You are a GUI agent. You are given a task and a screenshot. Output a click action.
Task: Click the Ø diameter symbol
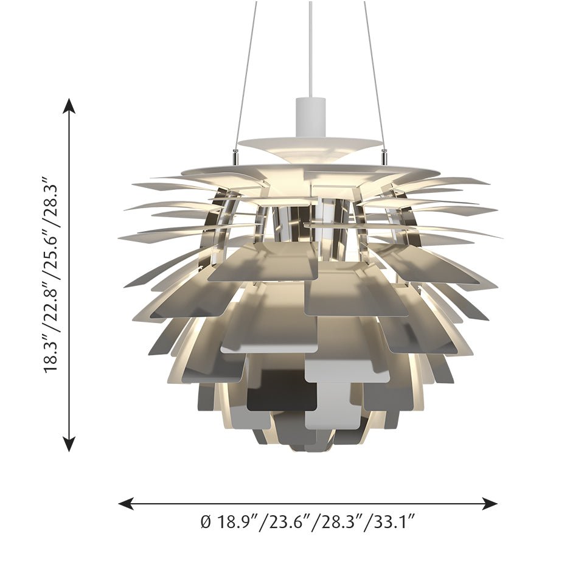click(x=205, y=521)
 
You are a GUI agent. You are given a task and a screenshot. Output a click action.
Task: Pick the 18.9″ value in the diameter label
click(x=235, y=521)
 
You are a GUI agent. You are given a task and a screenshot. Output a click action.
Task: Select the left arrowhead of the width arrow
click(x=125, y=503)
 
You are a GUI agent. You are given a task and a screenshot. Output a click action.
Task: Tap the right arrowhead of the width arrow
click(x=490, y=503)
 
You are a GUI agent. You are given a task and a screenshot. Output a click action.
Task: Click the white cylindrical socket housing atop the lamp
click(x=310, y=116)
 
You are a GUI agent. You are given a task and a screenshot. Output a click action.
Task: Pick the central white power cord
click(x=310, y=49)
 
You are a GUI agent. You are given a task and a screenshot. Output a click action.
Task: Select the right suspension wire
click(x=374, y=73)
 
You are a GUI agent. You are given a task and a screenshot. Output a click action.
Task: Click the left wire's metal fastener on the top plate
click(x=235, y=157)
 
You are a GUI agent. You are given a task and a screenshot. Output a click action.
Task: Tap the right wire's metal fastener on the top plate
click(x=384, y=157)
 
